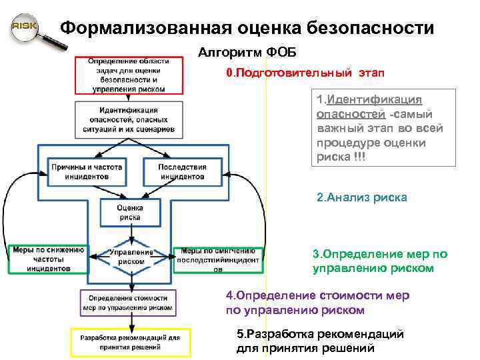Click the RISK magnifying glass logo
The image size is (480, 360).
(x=25, y=28)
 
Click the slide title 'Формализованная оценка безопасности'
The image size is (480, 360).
(x=247, y=29)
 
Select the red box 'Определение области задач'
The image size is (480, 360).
(x=129, y=75)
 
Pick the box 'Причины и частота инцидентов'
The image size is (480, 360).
(x=87, y=172)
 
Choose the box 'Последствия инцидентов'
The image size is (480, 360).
(x=182, y=172)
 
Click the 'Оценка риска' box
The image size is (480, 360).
(x=131, y=212)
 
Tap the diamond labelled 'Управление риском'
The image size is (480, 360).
(x=131, y=257)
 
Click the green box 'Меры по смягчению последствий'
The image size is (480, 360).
(x=218, y=259)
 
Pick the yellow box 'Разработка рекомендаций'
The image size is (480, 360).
(x=130, y=342)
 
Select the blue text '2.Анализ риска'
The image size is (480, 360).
(x=361, y=198)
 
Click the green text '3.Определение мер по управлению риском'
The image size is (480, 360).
(x=379, y=261)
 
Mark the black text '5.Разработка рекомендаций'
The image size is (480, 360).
(x=320, y=341)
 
